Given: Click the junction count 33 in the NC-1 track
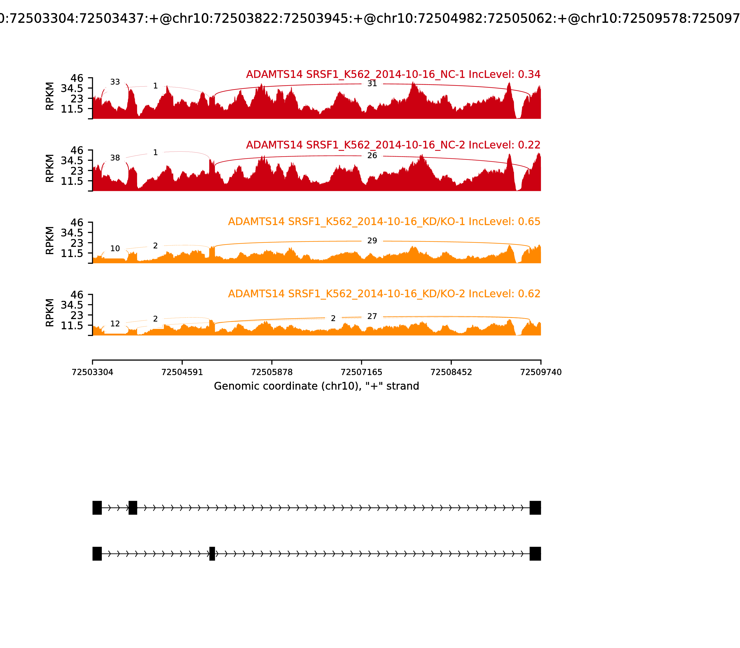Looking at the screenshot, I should tap(115, 82).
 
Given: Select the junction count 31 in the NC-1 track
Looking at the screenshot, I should tap(372, 84).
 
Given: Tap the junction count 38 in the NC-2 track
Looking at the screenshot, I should tap(115, 158).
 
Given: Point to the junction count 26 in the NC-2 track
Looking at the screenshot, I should tap(372, 156).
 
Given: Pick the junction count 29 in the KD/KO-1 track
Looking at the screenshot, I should tap(372, 241).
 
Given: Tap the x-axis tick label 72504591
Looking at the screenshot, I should tap(182, 372).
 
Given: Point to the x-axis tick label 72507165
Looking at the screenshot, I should tap(361, 372).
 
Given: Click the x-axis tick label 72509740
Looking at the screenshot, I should tap(541, 372).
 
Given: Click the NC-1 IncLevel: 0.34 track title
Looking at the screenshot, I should tap(393, 75).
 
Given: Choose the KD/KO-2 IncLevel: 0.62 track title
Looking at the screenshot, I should tap(384, 294).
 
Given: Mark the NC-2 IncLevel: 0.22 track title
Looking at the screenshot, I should tap(393, 145).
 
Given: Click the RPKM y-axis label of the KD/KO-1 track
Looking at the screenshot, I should tap(50, 240).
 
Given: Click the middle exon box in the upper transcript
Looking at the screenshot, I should tap(133, 508).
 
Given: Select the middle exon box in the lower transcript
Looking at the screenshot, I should tap(212, 554).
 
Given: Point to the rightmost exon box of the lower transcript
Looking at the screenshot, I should tap(535, 554).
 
